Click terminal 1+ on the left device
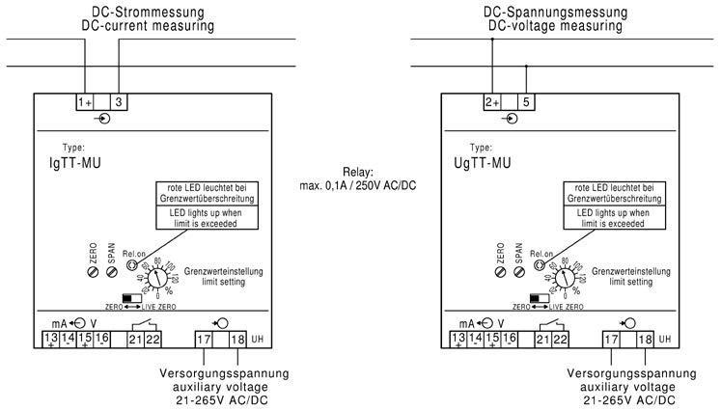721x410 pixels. tap(85, 101)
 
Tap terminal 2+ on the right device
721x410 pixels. tap(492, 101)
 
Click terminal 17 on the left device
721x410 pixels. tap(204, 339)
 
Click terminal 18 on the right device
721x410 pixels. tap(646, 339)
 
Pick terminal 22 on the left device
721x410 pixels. tap(153, 339)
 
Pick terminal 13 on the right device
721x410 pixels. tap(459, 339)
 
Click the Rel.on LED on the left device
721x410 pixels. tap(133, 263)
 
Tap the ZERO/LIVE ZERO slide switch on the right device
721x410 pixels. tap(539, 298)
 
